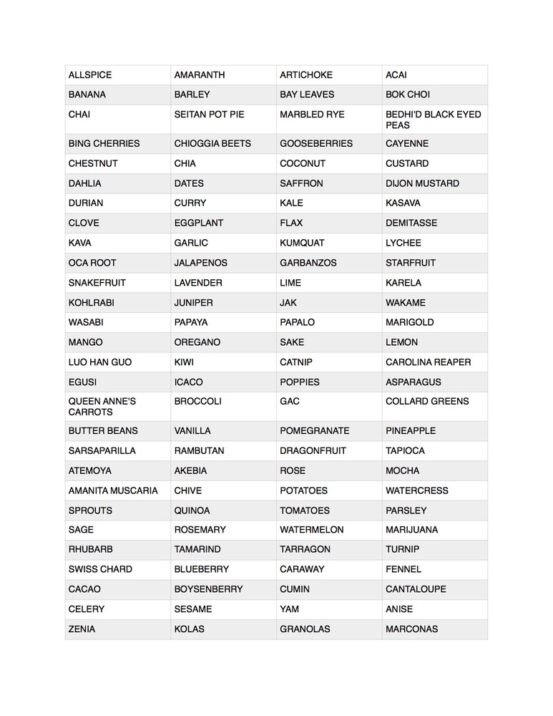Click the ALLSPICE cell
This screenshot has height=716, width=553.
[90, 75]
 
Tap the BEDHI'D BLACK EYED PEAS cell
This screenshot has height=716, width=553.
[433, 120]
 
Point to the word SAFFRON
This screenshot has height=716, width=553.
[301, 183]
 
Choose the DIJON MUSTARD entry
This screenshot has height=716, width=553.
[422, 183]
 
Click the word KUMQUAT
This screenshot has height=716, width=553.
[302, 243]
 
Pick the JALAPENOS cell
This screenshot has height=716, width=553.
[200, 263]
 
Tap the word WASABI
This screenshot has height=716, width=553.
[86, 322]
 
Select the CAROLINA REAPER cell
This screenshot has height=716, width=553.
[428, 362]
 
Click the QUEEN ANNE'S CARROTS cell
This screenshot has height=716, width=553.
[102, 407]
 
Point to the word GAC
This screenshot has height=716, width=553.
[290, 402]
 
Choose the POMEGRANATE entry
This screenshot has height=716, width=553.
[315, 431]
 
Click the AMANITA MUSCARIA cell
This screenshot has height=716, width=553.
[113, 490]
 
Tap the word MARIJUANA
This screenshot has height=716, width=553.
[411, 530]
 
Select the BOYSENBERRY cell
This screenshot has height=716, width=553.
[208, 589]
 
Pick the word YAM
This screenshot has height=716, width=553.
[289, 609]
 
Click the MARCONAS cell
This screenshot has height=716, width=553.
[411, 629]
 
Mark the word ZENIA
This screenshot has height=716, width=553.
[82, 629]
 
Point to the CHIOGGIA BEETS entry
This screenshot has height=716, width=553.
[212, 143]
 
